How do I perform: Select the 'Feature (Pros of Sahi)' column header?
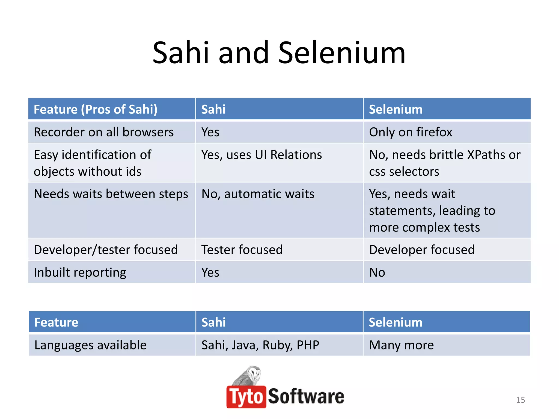pos(96,109)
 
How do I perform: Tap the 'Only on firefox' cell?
pos(411,132)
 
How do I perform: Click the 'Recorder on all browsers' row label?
pos(104,132)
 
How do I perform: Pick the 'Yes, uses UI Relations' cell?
pos(261,155)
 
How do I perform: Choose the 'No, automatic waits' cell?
pos(258,194)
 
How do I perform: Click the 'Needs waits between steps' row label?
pos(111,194)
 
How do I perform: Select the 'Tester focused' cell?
pos(242,250)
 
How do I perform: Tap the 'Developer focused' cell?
pos(422,250)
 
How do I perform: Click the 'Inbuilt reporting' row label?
pos(80,273)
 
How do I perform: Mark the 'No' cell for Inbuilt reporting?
pos(377,273)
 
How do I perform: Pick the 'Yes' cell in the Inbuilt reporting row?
pos(210,273)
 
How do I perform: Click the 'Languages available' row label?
pos(90,345)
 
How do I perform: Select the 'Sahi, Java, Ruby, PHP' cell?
pos(260,345)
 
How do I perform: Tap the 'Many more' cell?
pos(401,345)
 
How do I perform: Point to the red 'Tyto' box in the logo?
pos(246,397)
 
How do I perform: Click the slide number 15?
pos(520,400)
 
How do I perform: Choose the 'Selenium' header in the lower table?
pos(396,322)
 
